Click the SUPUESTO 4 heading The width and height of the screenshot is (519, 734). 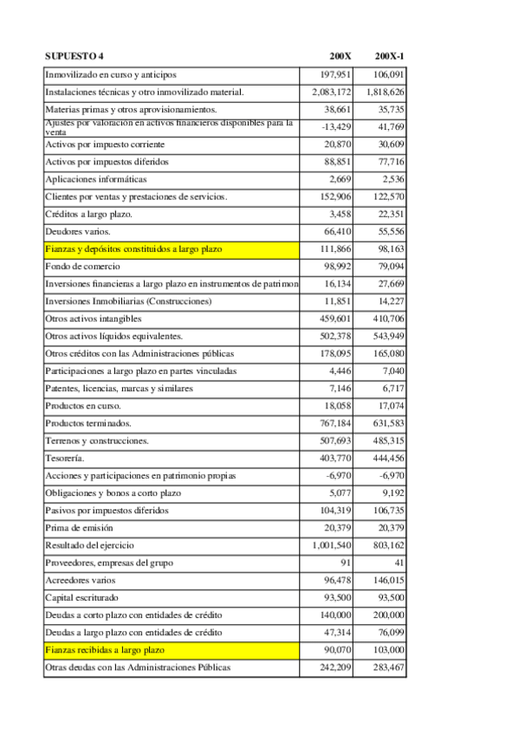[74, 56]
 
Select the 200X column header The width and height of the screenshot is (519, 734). [341, 56]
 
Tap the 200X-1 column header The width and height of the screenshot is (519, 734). [389, 56]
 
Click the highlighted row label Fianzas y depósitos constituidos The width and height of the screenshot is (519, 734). [133, 249]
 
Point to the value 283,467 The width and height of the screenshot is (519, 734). [386, 667]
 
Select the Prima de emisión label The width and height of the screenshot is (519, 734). [79, 528]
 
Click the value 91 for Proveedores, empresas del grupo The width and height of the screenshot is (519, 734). [346, 563]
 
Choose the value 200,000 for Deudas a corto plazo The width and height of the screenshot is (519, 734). [386, 615]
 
